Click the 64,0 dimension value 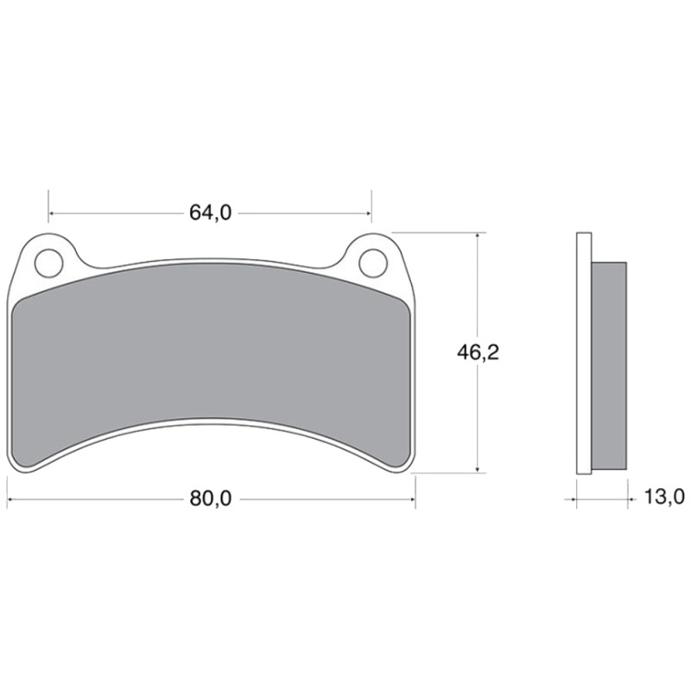[x=210, y=212]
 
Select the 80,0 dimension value [x=210, y=499]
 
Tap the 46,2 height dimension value [x=479, y=352]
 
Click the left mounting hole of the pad [x=49, y=262]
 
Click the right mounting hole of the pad [x=371, y=262]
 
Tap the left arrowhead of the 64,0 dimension [x=53, y=212]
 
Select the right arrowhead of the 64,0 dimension [x=367, y=212]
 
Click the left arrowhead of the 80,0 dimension [x=11, y=499]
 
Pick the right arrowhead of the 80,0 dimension [x=411, y=499]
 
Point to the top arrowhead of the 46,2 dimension [x=477, y=237]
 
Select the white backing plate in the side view [x=583, y=354]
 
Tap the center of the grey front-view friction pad [x=212, y=354]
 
